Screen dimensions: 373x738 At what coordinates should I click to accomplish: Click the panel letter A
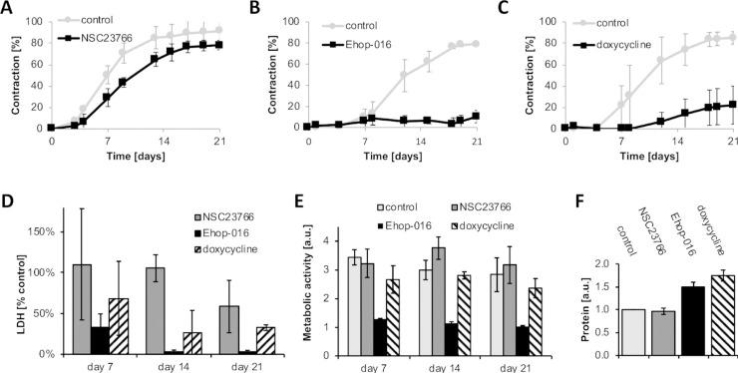coord(8,10)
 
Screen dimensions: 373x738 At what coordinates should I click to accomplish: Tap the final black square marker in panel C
coord(731,104)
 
